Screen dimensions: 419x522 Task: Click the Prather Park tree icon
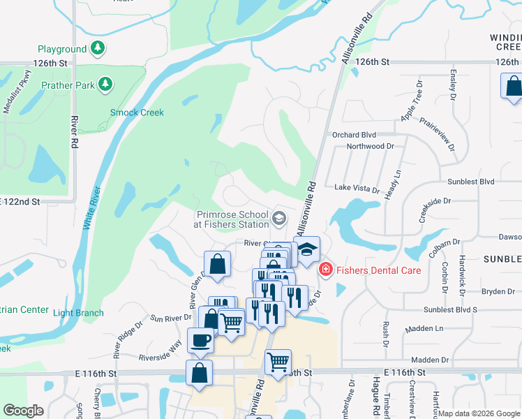tap(105, 84)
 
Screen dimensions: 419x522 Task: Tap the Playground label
tap(62, 49)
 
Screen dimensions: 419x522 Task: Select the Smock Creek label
tap(137, 112)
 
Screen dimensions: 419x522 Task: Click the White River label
tap(91, 208)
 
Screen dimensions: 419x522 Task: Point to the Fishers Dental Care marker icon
tap(325, 270)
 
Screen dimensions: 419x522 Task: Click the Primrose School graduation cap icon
tap(279, 219)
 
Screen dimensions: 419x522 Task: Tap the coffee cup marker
tap(201, 340)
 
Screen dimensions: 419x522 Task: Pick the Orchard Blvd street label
tap(354, 135)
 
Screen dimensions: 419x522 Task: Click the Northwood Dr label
tap(371, 147)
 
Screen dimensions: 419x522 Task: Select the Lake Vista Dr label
tap(357, 189)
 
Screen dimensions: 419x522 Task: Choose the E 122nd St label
tap(21, 201)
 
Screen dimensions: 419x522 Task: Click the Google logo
tap(24, 411)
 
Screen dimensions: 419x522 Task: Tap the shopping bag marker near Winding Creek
tap(513, 87)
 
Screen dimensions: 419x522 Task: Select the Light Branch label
tap(78, 313)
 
